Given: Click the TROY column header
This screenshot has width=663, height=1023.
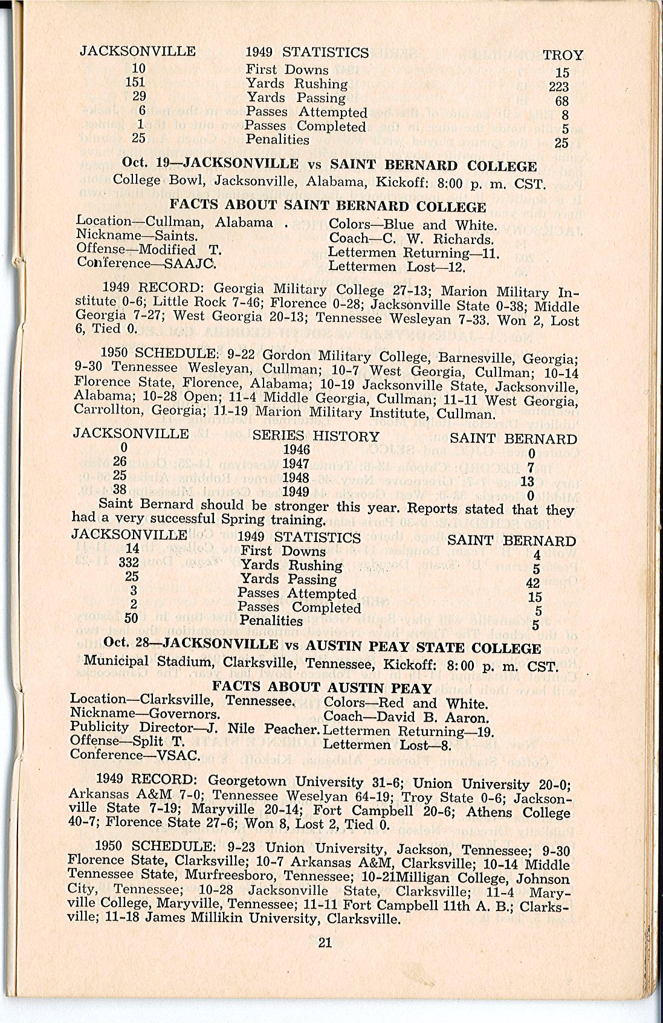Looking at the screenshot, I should (x=563, y=56).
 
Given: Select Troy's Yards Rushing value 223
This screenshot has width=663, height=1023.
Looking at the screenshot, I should (x=558, y=87).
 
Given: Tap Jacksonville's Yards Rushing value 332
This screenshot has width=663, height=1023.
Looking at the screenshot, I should (x=129, y=563).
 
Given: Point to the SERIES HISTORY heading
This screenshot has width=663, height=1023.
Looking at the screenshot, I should (x=315, y=436).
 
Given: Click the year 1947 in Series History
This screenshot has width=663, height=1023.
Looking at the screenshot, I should (x=296, y=463).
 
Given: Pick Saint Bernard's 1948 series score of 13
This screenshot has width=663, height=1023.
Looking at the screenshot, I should (x=527, y=481).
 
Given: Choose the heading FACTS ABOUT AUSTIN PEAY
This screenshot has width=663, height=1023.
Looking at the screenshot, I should (x=322, y=687).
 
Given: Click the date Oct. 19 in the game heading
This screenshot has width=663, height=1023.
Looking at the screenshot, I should (x=143, y=162).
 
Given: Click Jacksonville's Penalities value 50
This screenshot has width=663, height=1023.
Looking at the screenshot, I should (x=131, y=618).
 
